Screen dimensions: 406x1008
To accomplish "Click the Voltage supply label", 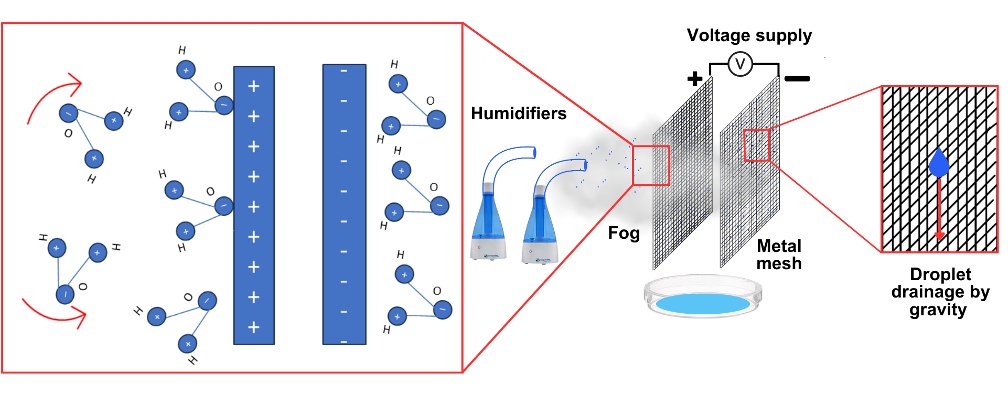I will point(749,36).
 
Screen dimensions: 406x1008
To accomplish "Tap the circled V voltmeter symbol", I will point(740,64).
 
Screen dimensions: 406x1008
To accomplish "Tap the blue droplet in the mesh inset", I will point(939,164).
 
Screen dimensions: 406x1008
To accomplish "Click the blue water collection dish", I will point(699,301).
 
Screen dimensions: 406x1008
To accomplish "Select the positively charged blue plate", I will point(254,206).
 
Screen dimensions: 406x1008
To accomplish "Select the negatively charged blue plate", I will point(344,206).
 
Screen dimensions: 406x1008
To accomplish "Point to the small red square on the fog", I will point(650,165).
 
